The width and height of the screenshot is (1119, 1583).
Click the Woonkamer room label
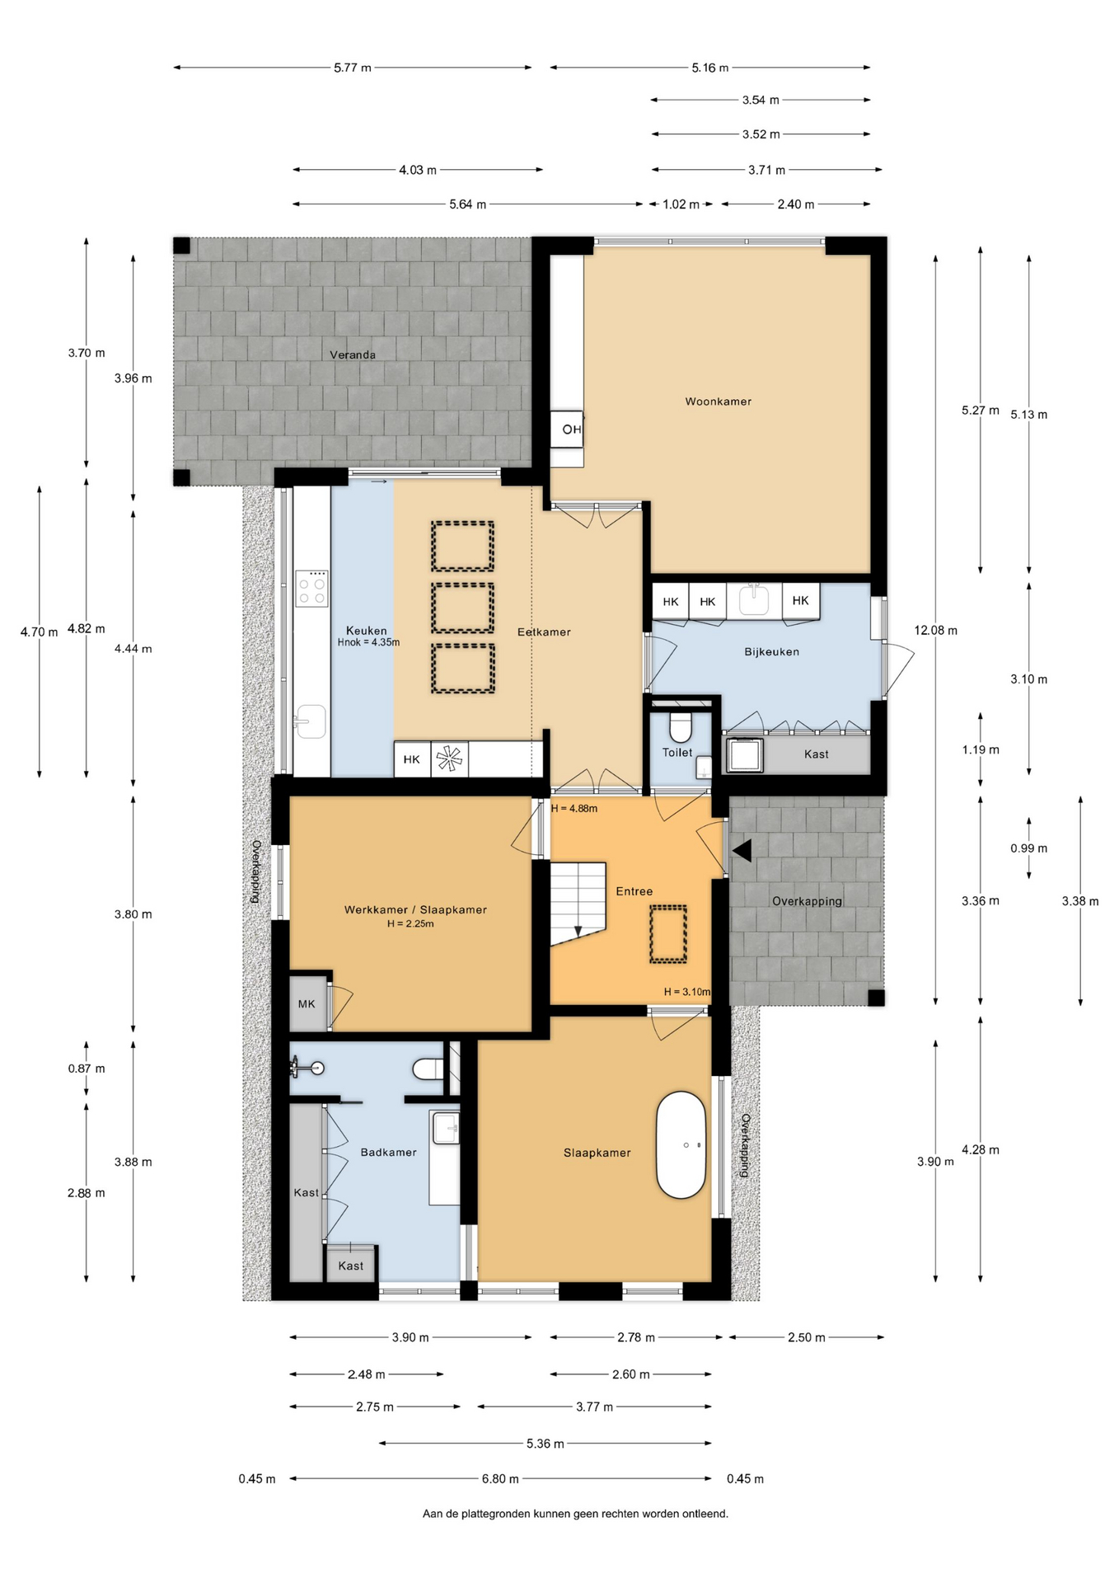718,402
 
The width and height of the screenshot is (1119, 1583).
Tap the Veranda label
353,355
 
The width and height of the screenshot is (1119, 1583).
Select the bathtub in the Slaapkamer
681,1145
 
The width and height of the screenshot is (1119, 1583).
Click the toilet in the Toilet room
681,726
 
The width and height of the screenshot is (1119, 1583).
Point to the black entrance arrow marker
742,851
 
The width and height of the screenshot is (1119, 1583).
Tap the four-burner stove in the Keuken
311,589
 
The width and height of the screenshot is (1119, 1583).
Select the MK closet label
307,1003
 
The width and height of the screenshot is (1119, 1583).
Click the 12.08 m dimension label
936,631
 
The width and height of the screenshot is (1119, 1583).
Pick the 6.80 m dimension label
500,1478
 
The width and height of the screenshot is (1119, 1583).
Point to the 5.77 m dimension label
353,68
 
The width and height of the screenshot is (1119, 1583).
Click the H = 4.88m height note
574,809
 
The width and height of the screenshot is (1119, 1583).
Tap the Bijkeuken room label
771,651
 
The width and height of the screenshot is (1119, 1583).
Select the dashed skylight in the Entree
667,934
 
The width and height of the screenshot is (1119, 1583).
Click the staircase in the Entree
578,904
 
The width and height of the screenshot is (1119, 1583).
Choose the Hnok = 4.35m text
368,642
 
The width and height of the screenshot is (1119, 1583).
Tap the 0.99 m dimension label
1029,848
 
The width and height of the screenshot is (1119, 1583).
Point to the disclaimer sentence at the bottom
575,1513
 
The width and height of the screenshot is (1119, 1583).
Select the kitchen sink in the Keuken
311,721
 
